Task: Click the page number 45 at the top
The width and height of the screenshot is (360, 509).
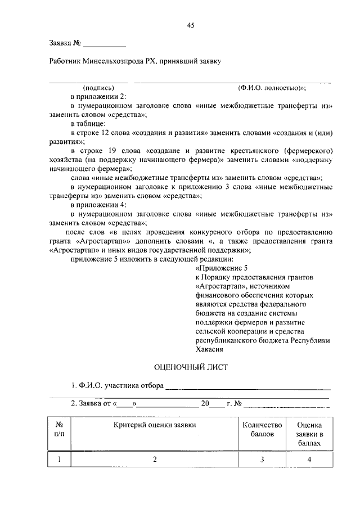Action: tap(191, 25)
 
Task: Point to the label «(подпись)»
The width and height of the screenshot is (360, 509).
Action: tap(98, 88)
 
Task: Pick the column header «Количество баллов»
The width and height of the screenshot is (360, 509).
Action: tap(260, 430)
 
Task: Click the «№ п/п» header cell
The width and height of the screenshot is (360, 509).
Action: tap(58, 430)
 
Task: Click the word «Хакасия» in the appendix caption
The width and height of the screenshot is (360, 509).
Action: tap(209, 349)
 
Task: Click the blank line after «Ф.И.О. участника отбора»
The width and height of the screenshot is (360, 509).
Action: tap(247, 386)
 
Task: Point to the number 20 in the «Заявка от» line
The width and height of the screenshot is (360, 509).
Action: tap(205, 403)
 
